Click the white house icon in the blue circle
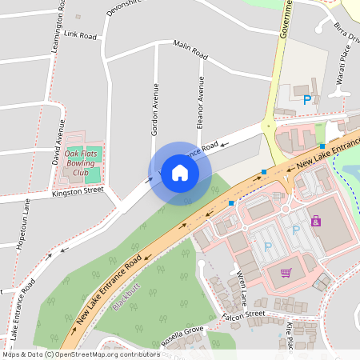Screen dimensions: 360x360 (180, 172)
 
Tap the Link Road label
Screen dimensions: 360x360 (80, 36)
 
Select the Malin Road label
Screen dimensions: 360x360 (190, 53)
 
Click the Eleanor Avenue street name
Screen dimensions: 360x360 (201, 102)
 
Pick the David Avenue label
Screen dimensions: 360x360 (58, 142)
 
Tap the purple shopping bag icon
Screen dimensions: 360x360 (316, 221)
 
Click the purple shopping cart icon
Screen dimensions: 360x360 (286, 273)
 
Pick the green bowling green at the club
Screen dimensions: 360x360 (93, 174)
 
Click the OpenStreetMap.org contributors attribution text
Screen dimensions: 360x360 (108, 354)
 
